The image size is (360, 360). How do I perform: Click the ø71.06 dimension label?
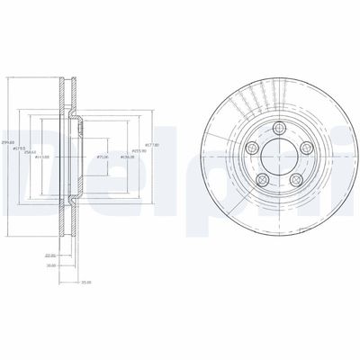pyautogui.click(x=103, y=158)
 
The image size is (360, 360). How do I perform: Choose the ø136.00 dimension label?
pyautogui.click(x=128, y=158)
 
